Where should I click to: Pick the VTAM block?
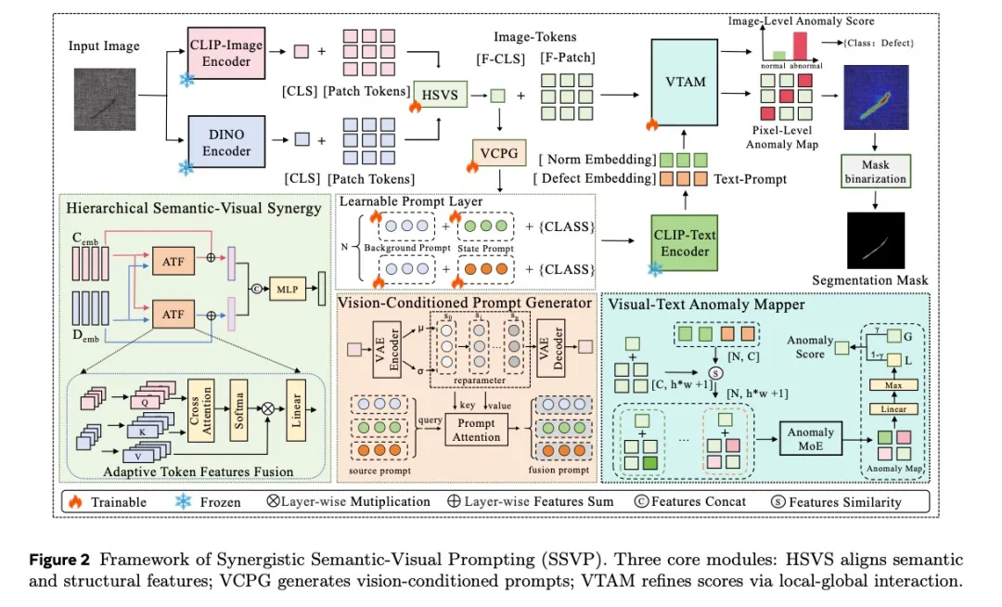685,82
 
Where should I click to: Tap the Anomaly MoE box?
812,439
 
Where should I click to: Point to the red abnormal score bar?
799,47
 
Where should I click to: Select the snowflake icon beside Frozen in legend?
183,502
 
